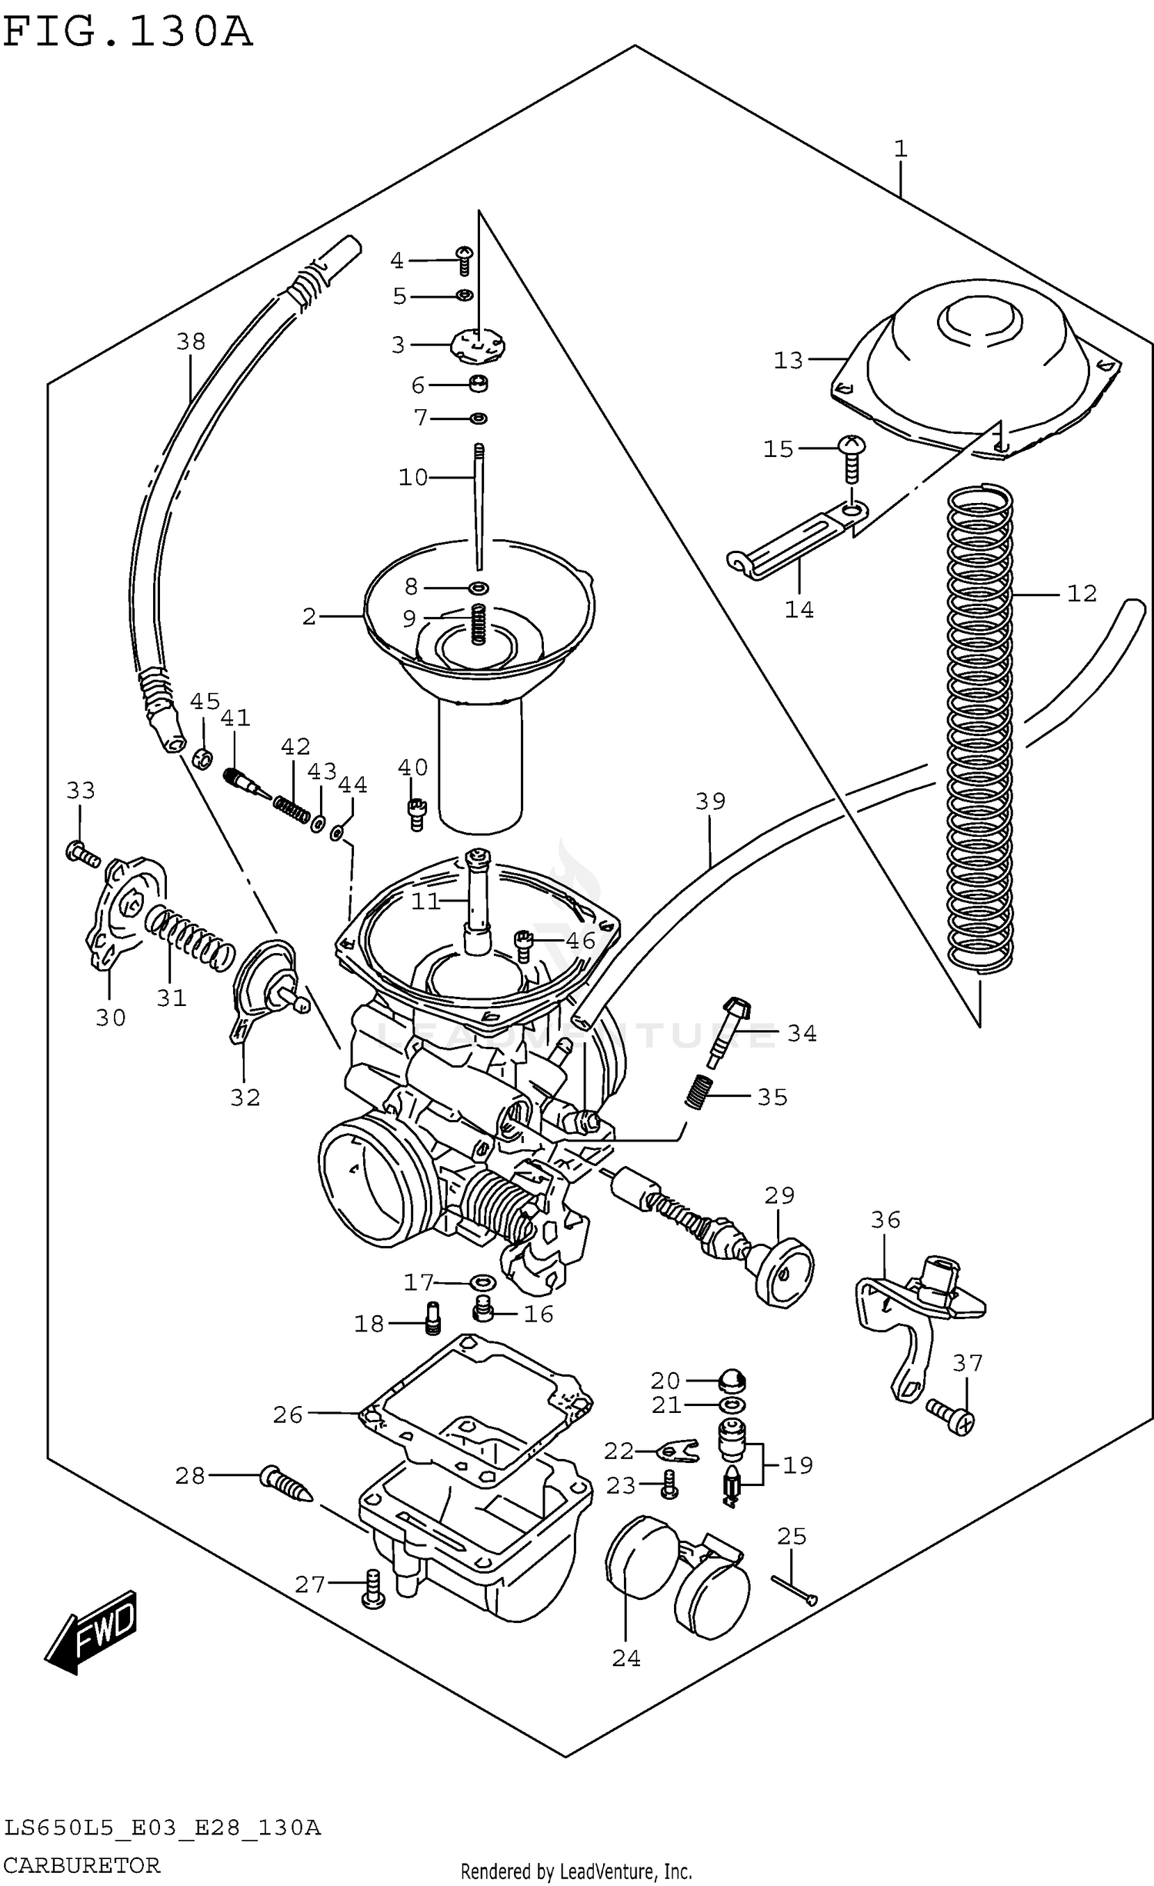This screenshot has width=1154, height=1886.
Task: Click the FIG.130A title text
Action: [127, 32]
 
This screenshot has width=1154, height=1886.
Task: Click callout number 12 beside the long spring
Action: [1081, 593]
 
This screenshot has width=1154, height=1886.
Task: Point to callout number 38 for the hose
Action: [190, 341]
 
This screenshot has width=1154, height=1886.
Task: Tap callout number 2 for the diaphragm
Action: [309, 616]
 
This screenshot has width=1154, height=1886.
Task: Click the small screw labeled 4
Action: [464, 261]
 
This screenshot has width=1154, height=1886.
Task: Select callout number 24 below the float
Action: [625, 1658]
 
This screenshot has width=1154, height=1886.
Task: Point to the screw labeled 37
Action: [952, 1416]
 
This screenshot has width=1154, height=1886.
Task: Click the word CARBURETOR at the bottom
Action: [82, 1864]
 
